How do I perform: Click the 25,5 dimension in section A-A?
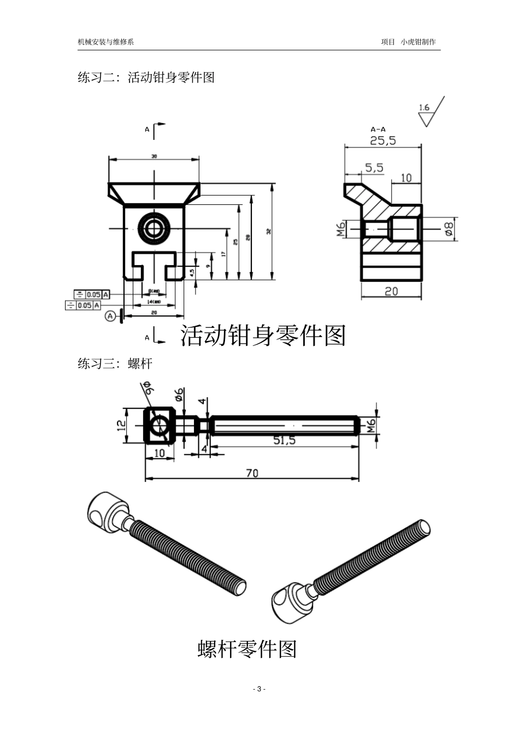click(382, 140)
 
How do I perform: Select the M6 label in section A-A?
click(339, 229)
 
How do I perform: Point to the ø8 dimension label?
click(449, 228)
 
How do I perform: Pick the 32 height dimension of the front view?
click(268, 232)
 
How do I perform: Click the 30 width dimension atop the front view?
click(154, 156)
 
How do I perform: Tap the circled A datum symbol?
click(111, 316)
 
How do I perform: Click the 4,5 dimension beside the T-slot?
click(191, 272)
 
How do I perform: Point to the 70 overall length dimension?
click(252, 474)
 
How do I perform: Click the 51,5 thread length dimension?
click(284, 440)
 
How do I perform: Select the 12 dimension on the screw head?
click(122, 425)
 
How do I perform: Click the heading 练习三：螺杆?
click(115, 363)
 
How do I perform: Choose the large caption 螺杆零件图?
click(246, 649)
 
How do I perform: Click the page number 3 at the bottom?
click(259, 689)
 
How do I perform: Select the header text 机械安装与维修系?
click(105, 42)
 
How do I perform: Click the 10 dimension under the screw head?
click(159, 453)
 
